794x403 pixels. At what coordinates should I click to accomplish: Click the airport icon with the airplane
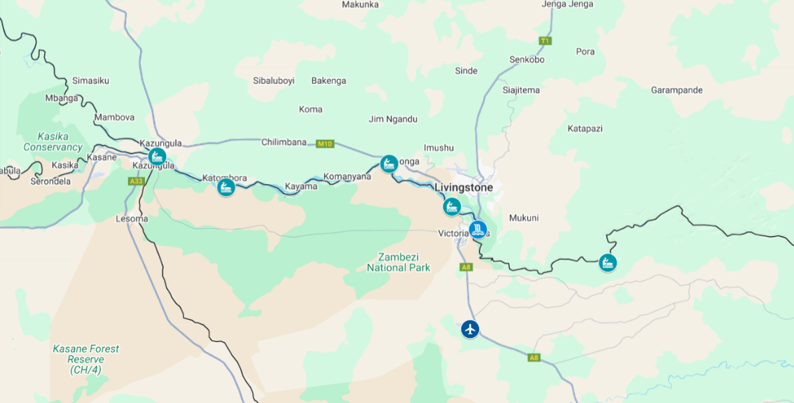[x=470, y=328]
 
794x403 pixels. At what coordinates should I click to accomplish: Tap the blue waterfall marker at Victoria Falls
[x=478, y=229]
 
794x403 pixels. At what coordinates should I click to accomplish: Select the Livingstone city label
[x=464, y=188]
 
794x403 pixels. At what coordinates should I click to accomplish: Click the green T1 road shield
[x=545, y=41]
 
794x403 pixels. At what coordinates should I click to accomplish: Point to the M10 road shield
[x=324, y=144]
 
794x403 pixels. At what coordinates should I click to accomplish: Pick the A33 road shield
[x=136, y=181]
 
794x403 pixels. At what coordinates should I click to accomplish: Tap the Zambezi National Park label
[x=398, y=262]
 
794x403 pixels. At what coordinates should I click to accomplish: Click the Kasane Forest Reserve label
[x=85, y=359]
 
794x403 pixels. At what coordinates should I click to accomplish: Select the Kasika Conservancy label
[x=53, y=142]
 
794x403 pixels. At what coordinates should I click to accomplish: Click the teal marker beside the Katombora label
[x=225, y=188]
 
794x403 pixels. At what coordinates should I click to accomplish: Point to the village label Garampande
[x=676, y=90]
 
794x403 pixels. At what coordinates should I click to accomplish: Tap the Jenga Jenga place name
[x=567, y=4]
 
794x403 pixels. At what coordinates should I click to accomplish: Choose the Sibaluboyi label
[x=274, y=80]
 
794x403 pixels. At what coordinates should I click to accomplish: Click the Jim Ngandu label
[x=393, y=119]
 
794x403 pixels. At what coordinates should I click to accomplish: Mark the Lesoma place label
[x=132, y=219]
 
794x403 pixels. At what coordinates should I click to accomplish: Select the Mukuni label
[x=524, y=218]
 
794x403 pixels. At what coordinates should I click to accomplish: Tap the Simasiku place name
[x=90, y=80]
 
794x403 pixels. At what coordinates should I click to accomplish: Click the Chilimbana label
[x=284, y=142]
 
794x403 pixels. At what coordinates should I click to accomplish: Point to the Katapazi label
[x=585, y=129]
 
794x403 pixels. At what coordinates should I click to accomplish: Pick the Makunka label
[x=360, y=5]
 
